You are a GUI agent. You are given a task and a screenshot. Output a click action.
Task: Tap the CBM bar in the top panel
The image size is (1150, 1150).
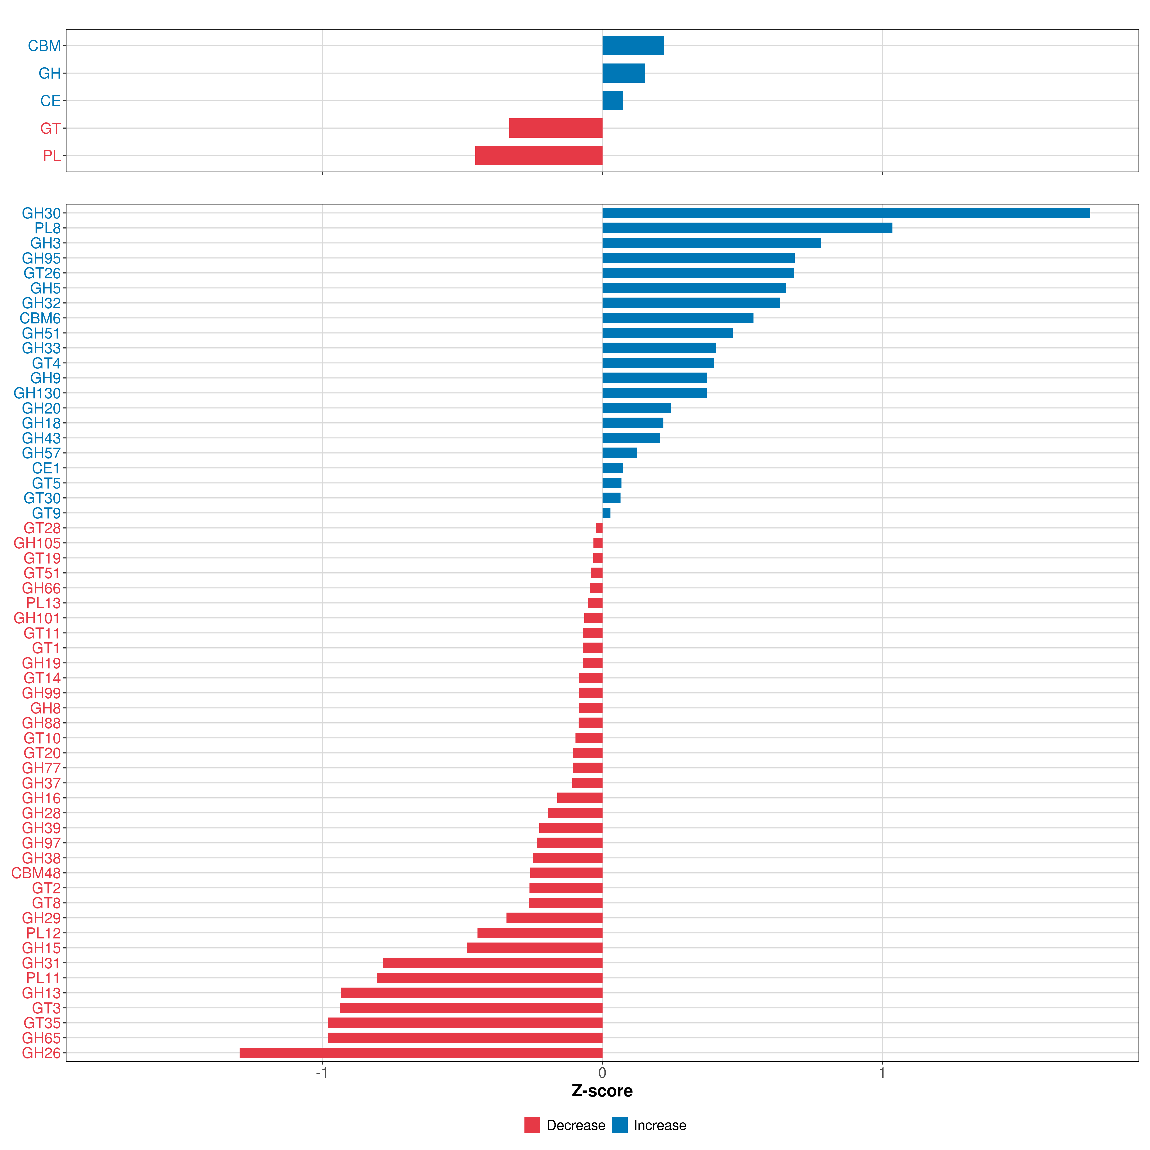point(633,46)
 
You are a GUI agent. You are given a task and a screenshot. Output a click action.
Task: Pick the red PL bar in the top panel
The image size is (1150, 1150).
point(539,155)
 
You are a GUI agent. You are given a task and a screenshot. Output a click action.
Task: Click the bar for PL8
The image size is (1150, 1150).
point(747,228)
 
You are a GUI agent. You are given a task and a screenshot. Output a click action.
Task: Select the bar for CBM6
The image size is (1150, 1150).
point(677,318)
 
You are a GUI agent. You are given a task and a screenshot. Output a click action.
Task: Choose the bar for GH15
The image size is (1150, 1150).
point(535,948)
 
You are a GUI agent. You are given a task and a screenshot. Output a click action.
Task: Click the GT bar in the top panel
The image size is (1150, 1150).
point(555,128)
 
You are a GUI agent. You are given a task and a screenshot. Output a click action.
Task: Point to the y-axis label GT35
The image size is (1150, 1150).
point(42,1023)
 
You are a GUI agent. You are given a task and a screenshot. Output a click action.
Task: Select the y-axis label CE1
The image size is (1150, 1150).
point(46,468)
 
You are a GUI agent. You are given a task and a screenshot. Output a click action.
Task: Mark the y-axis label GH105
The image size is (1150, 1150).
point(37,543)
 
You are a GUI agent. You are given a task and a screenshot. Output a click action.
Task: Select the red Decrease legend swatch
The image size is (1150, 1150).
point(532,1125)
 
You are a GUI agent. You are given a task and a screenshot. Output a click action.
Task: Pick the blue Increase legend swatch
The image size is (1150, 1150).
point(620,1125)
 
